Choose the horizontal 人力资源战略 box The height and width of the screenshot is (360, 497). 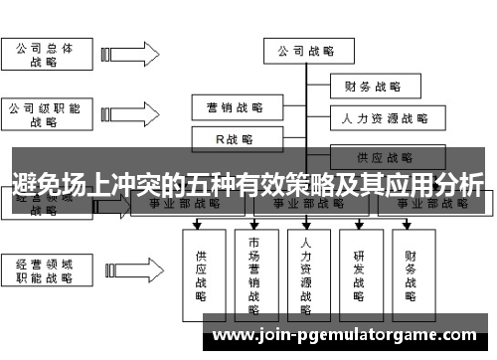pyautogui.click(x=382, y=119)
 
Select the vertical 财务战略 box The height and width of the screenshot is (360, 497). pyautogui.click(x=412, y=274)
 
